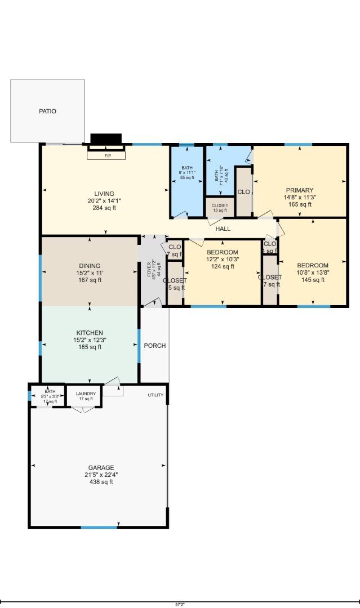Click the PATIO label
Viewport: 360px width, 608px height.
point(47,111)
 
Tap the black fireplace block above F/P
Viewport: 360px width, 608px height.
point(106,139)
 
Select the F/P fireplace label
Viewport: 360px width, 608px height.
point(106,156)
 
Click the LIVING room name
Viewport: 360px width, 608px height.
point(104,194)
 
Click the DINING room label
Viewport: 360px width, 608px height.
point(90,266)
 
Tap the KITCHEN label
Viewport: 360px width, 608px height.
point(90,333)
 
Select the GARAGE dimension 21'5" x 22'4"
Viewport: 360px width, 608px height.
point(101,475)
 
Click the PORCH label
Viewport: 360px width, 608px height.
point(155,346)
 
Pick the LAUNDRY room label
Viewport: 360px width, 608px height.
point(86,394)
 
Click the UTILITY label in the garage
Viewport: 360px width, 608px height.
point(155,395)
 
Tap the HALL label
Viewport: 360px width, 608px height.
point(223,229)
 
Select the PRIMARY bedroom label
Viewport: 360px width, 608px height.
point(299,190)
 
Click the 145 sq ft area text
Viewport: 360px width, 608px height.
point(313,280)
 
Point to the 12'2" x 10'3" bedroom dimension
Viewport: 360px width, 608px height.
point(223,260)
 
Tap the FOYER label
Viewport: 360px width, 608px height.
point(150,269)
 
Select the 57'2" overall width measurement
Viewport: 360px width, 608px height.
point(180,604)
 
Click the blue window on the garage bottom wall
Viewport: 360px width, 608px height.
point(99,527)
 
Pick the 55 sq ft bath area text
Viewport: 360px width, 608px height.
point(187,178)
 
